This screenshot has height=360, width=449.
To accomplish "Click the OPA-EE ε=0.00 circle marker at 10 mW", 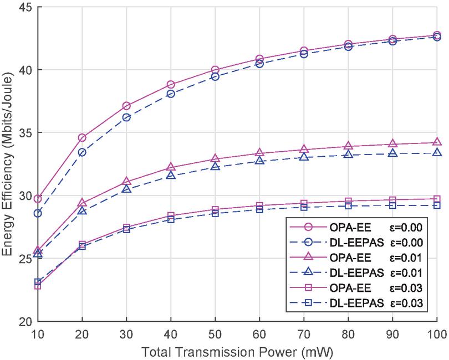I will tap(38, 198).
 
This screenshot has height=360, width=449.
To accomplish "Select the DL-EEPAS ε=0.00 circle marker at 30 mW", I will tap(126, 117).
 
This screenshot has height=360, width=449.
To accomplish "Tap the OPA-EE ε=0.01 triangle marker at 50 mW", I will tap(215, 159).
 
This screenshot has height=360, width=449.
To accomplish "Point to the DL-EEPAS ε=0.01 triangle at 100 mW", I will tap(437, 152).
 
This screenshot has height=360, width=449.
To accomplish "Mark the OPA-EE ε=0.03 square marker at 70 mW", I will tap(304, 204).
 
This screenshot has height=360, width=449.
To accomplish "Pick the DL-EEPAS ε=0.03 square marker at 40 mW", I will tap(171, 219).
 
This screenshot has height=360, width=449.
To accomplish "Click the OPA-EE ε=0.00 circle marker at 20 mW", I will tap(82, 137).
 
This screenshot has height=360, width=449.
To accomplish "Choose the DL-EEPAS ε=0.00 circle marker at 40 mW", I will tap(171, 94).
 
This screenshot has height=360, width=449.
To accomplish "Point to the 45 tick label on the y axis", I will tap(25, 8).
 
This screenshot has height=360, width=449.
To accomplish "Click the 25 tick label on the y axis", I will tap(25, 259).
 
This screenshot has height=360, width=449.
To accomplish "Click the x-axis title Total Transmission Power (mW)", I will tap(237, 351).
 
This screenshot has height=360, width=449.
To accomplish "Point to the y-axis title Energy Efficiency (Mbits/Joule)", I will tap(8, 164).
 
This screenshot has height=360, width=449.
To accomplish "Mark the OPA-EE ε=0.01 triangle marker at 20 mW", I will tap(82, 203).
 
